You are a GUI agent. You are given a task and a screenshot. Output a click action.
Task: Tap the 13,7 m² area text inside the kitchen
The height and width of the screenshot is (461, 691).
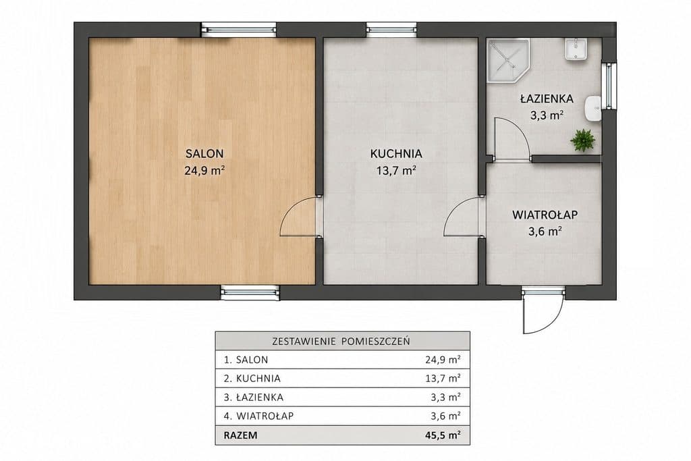tap(397, 170)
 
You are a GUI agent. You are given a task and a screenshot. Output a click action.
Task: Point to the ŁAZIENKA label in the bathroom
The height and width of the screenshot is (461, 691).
tap(547, 98)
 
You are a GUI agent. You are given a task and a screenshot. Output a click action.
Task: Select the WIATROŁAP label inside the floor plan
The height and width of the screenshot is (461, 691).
tap(545, 215)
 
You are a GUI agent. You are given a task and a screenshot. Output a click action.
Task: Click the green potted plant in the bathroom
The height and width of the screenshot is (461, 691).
tap(582, 140)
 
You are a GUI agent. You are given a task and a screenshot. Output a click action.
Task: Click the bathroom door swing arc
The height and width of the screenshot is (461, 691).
tap(512, 136)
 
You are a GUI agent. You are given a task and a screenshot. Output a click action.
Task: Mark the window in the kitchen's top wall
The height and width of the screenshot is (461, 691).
tap(391, 30)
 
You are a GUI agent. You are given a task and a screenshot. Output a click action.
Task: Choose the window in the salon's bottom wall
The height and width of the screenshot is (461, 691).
tap(250, 292)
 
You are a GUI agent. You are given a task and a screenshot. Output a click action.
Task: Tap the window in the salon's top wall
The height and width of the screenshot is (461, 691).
tap(238, 30)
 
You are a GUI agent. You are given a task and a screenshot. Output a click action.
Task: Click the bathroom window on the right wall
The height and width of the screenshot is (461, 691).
tap(609, 86)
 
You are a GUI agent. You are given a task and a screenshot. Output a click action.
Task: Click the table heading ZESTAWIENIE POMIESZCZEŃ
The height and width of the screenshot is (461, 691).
tap(341, 341)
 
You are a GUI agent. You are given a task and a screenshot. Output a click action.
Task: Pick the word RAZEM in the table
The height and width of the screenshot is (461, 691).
tap(241, 435)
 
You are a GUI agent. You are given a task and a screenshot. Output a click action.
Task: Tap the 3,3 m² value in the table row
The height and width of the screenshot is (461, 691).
tap(445, 397)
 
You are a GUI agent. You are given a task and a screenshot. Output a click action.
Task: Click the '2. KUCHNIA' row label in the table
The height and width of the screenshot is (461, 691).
tap(252, 378)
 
